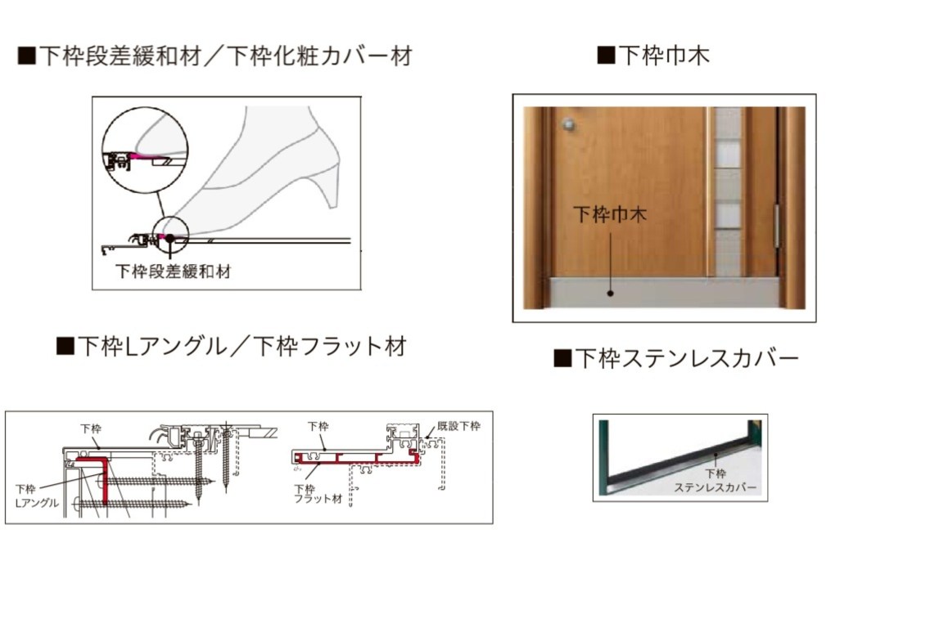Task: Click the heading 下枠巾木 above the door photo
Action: coord(653,56)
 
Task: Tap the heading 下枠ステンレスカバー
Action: coord(676,358)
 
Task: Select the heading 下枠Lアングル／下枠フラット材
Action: coord(232,346)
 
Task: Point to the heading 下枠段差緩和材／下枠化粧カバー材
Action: coord(214,56)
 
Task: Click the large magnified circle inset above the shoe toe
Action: coord(145,155)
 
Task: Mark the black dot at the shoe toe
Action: coord(169,238)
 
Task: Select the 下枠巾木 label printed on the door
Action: coord(609,215)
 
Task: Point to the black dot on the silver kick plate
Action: coord(611,292)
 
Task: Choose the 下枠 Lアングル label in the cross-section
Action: coord(38,496)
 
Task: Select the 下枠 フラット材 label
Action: coord(317,494)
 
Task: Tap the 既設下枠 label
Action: coord(458,426)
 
